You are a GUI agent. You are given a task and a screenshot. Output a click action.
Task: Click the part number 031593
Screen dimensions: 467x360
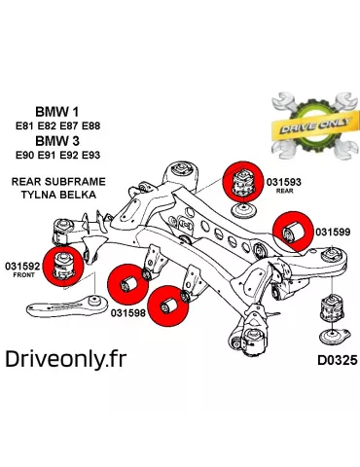tap(284, 181)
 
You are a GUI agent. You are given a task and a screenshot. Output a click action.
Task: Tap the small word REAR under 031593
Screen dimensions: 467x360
tap(284, 192)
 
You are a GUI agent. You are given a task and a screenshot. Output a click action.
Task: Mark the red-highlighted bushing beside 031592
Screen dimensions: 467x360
tap(67, 264)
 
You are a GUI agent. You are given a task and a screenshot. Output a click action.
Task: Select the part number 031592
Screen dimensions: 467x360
tap(22, 265)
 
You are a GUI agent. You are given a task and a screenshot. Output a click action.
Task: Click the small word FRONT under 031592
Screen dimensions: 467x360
tap(22, 275)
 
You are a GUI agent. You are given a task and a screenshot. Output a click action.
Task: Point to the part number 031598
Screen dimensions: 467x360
tap(127, 312)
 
